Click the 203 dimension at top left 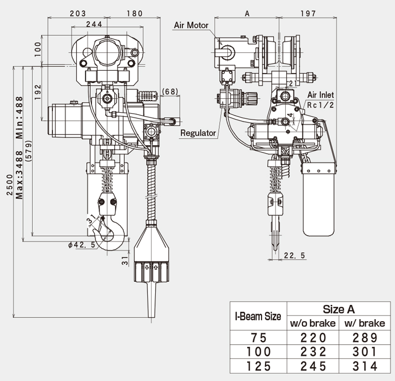(79, 13)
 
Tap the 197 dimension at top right (308, 13)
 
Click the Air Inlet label (320, 95)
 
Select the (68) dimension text (172, 92)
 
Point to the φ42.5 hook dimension (81, 245)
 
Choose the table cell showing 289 (365, 337)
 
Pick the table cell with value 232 (313, 352)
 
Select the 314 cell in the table (365, 366)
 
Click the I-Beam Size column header (258, 316)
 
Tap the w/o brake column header (313, 323)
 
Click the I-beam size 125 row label (259, 366)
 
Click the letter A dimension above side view (247, 13)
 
